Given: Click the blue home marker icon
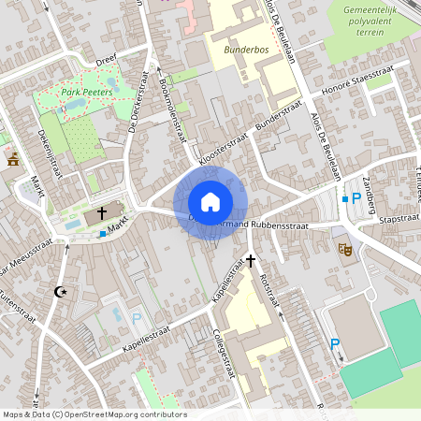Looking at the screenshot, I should tap(210, 201).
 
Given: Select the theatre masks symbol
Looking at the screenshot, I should tap(343, 249).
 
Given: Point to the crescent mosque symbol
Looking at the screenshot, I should tap(63, 293).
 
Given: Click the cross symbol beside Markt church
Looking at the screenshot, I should tap(101, 214).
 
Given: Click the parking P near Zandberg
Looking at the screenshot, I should tap(356, 198).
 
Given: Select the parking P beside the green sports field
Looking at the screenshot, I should tap(334, 344).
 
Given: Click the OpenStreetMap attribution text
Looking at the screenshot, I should tap(94, 414).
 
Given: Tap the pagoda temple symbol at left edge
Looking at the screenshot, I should tap(13, 160).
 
